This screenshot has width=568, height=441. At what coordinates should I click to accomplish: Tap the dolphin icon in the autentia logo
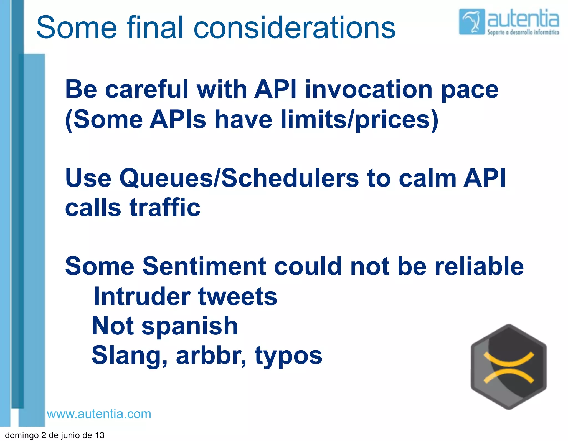(x=471, y=22)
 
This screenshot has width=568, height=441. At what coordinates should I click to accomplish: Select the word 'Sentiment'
(x=204, y=266)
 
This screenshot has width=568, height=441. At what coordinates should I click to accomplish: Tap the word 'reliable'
(x=479, y=266)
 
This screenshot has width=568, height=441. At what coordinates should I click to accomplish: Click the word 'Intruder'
(x=142, y=296)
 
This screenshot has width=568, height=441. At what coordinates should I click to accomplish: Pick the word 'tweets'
(x=238, y=296)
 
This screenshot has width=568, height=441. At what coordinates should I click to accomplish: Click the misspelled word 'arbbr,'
(x=211, y=356)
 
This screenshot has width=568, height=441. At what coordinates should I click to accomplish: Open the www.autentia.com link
(x=99, y=414)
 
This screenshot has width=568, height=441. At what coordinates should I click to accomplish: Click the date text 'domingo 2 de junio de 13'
(x=55, y=435)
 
